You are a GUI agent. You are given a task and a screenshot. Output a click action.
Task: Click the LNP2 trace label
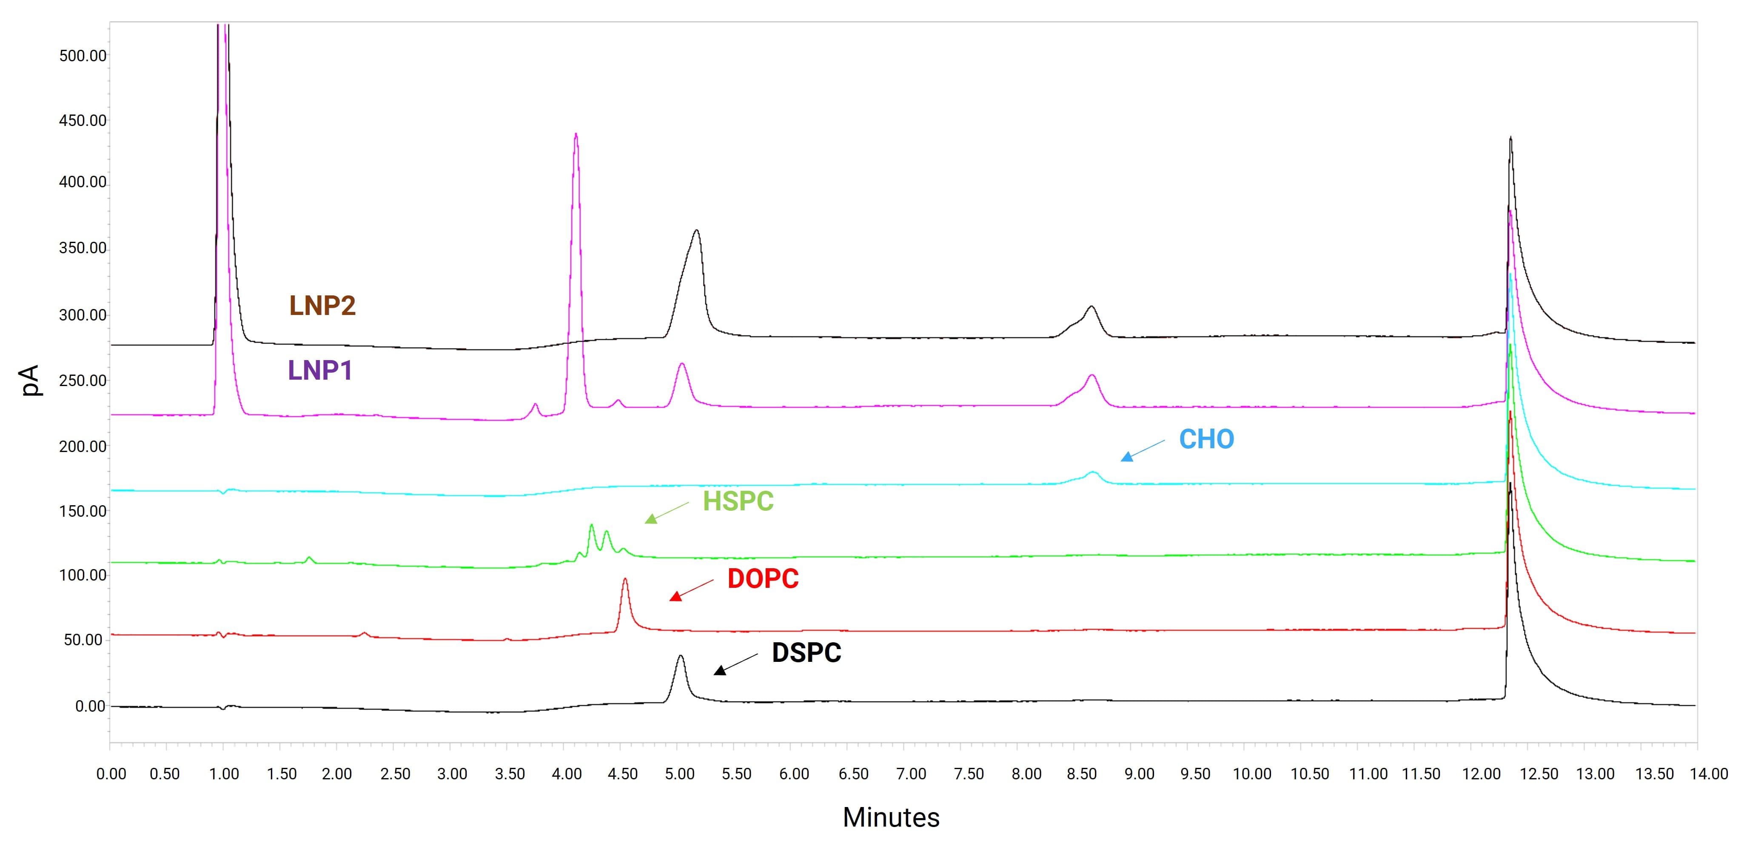click(322, 306)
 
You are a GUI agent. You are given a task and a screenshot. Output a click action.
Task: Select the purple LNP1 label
click(320, 370)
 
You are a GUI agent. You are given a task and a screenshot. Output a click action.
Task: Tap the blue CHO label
click(1206, 440)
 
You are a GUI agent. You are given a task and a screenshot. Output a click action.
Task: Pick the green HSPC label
click(738, 501)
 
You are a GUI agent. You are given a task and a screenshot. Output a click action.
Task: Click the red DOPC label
click(763, 578)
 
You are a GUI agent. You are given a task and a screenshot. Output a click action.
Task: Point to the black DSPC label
click(807, 653)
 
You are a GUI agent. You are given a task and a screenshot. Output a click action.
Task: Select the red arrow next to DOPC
click(691, 589)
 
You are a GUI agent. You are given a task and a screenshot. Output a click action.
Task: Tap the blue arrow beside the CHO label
click(1142, 450)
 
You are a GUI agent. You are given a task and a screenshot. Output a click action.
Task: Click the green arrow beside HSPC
click(666, 512)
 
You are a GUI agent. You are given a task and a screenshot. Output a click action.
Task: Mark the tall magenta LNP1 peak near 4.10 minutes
click(576, 136)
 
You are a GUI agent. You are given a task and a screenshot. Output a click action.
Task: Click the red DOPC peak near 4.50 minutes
click(624, 581)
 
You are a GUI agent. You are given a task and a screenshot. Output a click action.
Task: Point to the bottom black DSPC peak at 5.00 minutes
click(680, 657)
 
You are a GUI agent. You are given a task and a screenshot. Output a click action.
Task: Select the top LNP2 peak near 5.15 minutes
click(696, 232)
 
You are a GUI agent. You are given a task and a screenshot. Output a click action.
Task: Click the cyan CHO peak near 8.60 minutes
click(1092, 473)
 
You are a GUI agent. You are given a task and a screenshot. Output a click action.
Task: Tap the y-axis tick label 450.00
click(83, 121)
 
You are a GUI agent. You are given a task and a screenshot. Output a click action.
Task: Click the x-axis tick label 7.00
click(911, 774)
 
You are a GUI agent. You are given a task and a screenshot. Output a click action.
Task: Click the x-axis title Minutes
click(890, 817)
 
